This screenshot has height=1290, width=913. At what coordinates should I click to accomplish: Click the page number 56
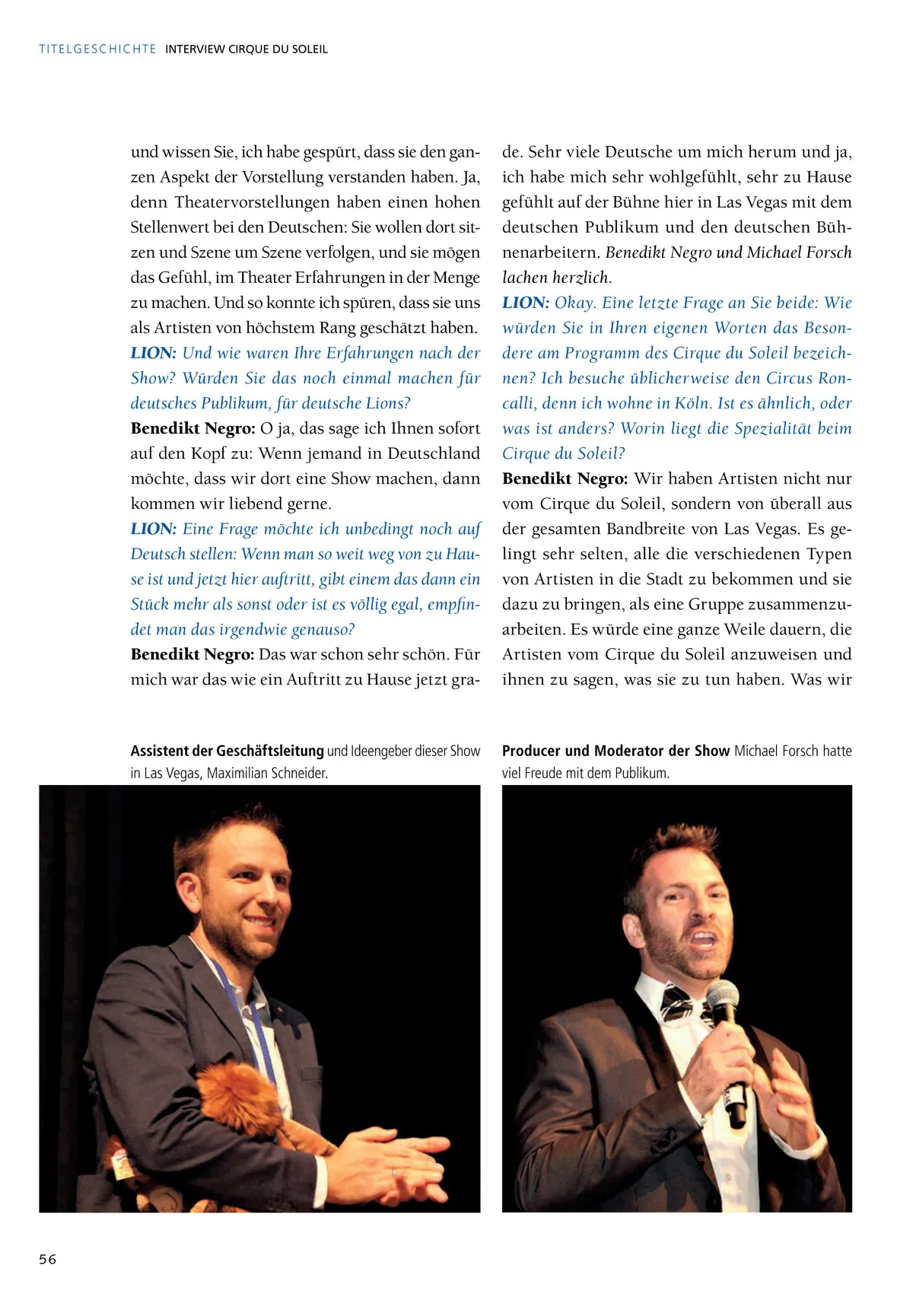pos(48,1259)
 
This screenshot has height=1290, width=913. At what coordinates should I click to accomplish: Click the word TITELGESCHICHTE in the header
pos(97,49)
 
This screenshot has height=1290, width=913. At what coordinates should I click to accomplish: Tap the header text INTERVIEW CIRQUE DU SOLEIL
pos(247,49)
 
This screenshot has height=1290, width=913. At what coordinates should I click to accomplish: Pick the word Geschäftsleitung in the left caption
pos(270,751)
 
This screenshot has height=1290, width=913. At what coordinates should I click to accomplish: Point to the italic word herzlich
pos(582,278)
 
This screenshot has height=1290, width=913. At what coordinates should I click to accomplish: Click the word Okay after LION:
pos(574,303)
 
